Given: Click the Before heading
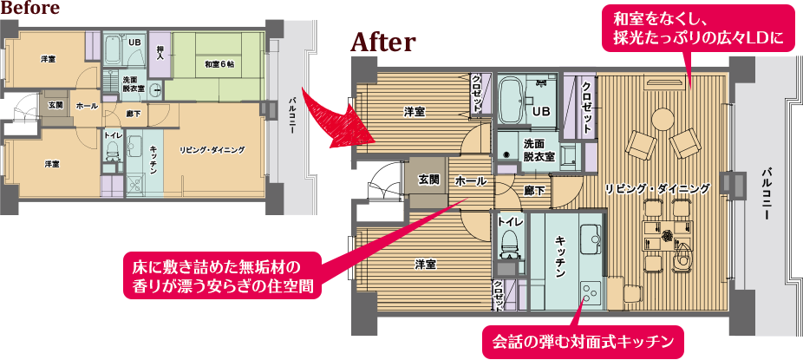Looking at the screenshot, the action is [29, 8].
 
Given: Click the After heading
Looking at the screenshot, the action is [383, 43].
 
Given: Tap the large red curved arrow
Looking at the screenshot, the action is [336, 119].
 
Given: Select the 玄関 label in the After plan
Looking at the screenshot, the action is [428, 180].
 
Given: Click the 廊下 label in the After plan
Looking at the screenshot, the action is [533, 189].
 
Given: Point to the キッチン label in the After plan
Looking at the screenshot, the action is [560, 256].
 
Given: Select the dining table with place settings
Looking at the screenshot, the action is [668, 237].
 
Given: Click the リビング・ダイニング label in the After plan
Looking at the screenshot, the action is [657, 188].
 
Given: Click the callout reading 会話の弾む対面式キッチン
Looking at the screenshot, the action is [584, 341].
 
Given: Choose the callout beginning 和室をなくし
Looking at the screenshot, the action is [699, 29].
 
